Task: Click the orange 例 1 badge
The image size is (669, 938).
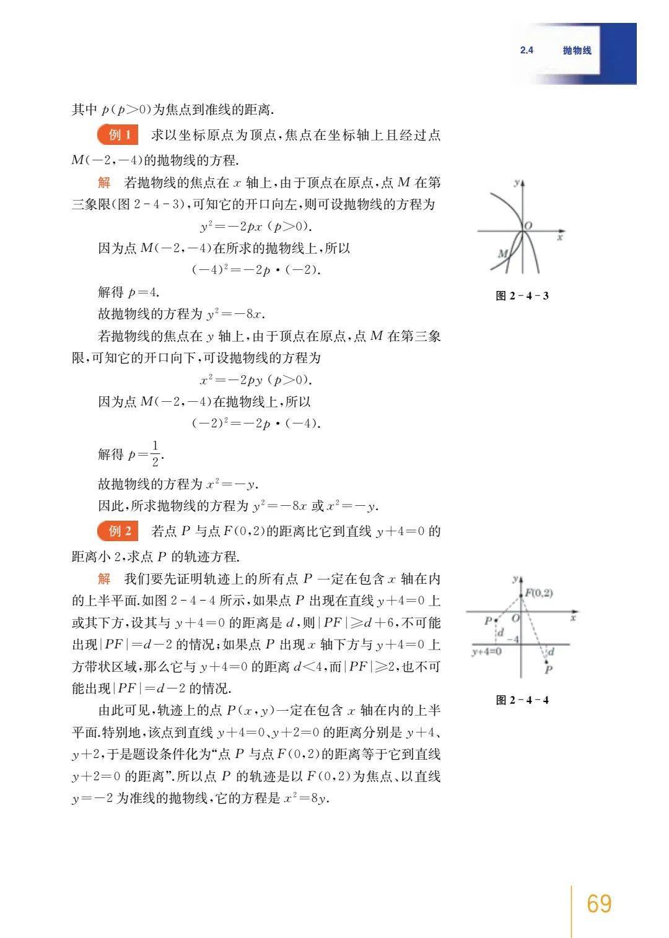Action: point(118,135)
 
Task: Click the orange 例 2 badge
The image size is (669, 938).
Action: point(118,531)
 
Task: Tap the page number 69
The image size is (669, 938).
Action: point(598,903)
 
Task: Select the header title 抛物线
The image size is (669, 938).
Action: point(577,51)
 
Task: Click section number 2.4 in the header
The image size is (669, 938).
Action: point(527,51)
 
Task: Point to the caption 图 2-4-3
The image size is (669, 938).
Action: point(522,295)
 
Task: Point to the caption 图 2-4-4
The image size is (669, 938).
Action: point(522,700)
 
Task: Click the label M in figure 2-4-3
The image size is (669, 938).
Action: point(503,253)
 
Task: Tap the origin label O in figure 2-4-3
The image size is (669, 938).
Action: point(528,226)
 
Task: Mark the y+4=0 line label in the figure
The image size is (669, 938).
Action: point(486,651)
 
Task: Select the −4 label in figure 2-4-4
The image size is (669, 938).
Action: point(513,639)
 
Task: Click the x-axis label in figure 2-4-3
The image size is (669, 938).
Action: point(559,237)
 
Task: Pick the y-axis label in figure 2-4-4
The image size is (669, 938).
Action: point(515,579)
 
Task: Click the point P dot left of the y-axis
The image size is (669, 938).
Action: point(496,620)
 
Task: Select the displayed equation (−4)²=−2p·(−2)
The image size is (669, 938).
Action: point(256,270)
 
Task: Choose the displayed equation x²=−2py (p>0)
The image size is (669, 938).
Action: point(256,380)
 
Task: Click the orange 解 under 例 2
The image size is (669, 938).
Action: point(104,578)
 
